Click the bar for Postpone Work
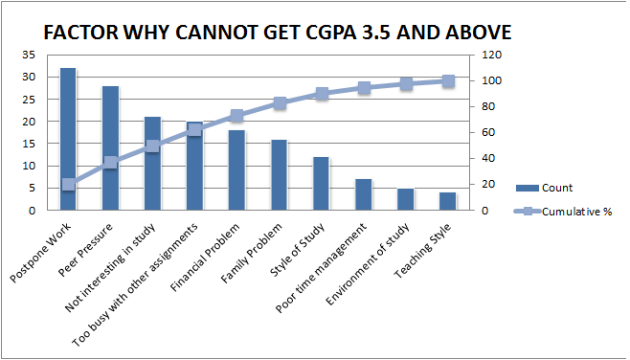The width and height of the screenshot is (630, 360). click(x=68, y=139)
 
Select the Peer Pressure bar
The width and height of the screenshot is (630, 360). click(x=110, y=148)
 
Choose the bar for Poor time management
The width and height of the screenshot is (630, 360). click(x=364, y=194)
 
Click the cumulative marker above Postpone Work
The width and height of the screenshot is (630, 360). click(x=68, y=185)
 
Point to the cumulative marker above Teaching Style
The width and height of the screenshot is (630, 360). click(x=448, y=81)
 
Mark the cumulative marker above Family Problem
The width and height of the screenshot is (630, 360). click(x=280, y=102)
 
